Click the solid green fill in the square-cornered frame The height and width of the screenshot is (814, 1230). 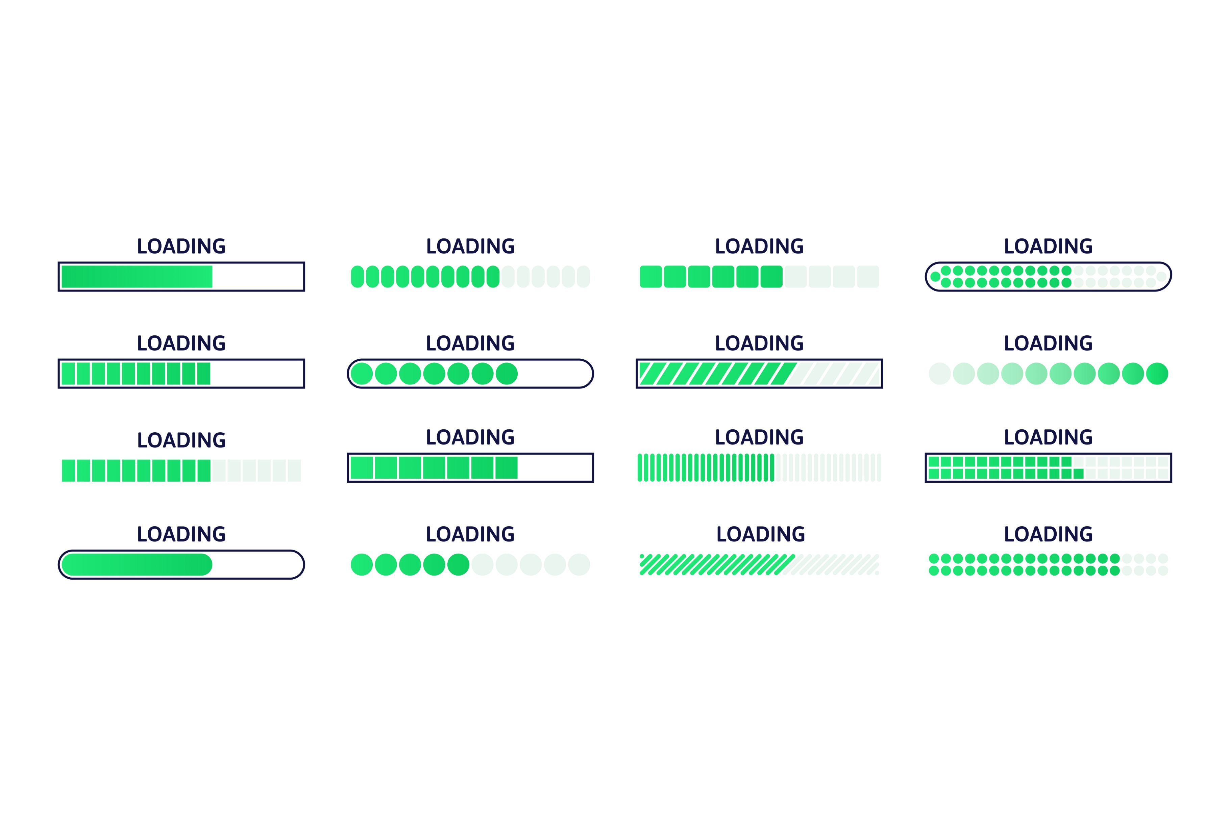137,277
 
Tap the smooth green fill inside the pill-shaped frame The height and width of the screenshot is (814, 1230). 137,564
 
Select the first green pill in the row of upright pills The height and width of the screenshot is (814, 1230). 357,277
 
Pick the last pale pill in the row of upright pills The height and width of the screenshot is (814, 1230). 583,277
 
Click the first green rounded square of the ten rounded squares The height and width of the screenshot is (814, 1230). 650,277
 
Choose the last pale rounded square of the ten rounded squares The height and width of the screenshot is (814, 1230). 868,277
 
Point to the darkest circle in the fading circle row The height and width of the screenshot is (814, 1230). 1157,374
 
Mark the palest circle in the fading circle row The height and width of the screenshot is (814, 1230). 939,374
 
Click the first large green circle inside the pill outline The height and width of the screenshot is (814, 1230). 362,374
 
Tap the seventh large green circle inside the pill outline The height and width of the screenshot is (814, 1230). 507,374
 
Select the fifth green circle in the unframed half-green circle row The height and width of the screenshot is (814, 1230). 459,564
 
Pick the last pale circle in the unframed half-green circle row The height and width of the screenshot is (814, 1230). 579,564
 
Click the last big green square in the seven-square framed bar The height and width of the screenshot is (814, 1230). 506,468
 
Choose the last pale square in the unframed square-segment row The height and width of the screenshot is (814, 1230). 294,470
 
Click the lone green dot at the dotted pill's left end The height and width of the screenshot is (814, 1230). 935,277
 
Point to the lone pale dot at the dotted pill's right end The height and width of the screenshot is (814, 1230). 1161,277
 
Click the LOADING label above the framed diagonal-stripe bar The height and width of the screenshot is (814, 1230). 759,343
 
